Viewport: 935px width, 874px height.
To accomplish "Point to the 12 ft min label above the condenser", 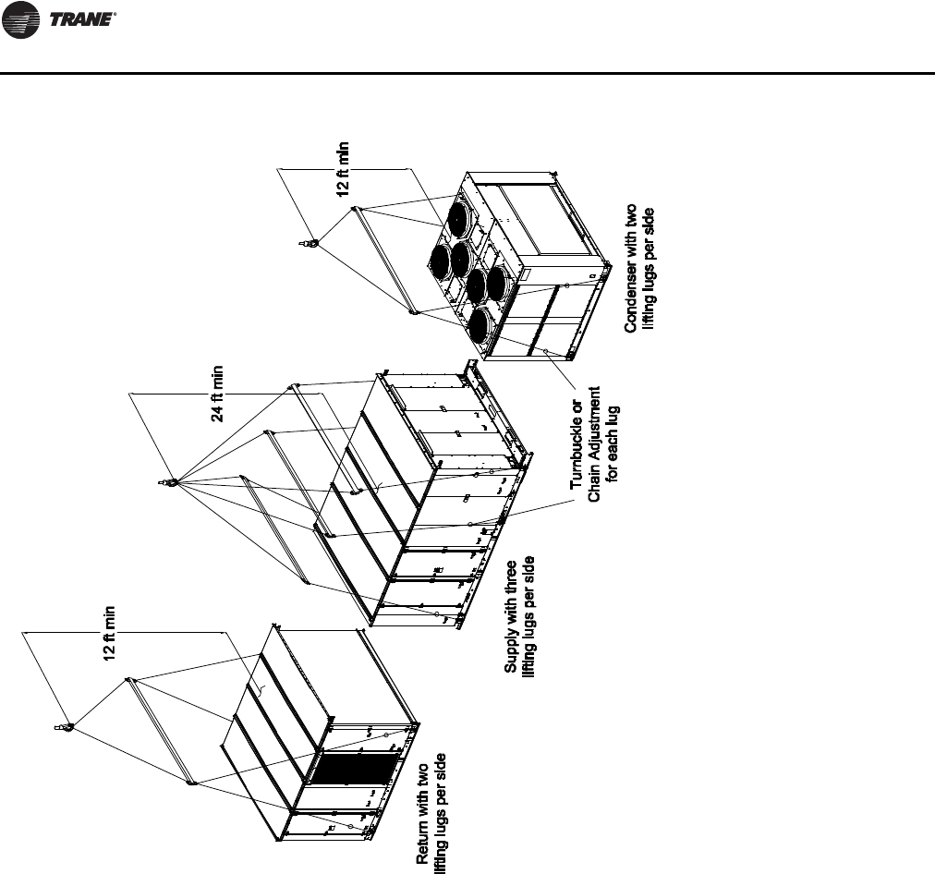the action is pyautogui.click(x=344, y=168).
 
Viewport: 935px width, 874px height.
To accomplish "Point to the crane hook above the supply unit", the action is pyautogui.click(x=170, y=481).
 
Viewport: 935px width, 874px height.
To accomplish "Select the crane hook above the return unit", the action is pyautogui.click(x=67, y=729).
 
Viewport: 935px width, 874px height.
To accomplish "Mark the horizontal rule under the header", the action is pyautogui.click(x=467, y=73).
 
